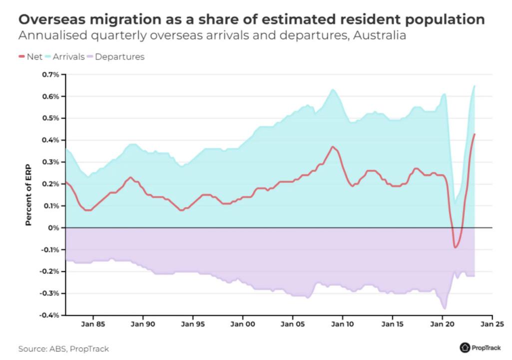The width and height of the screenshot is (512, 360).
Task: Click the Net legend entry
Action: tap(30, 56)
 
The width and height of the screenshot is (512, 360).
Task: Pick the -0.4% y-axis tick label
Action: tap(50, 315)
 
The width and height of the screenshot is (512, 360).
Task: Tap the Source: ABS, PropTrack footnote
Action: tap(63, 348)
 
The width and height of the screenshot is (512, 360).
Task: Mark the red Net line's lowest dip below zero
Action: tap(456, 247)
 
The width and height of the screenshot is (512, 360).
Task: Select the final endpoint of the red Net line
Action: tap(475, 134)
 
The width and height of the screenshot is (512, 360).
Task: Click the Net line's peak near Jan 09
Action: tap(333, 146)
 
